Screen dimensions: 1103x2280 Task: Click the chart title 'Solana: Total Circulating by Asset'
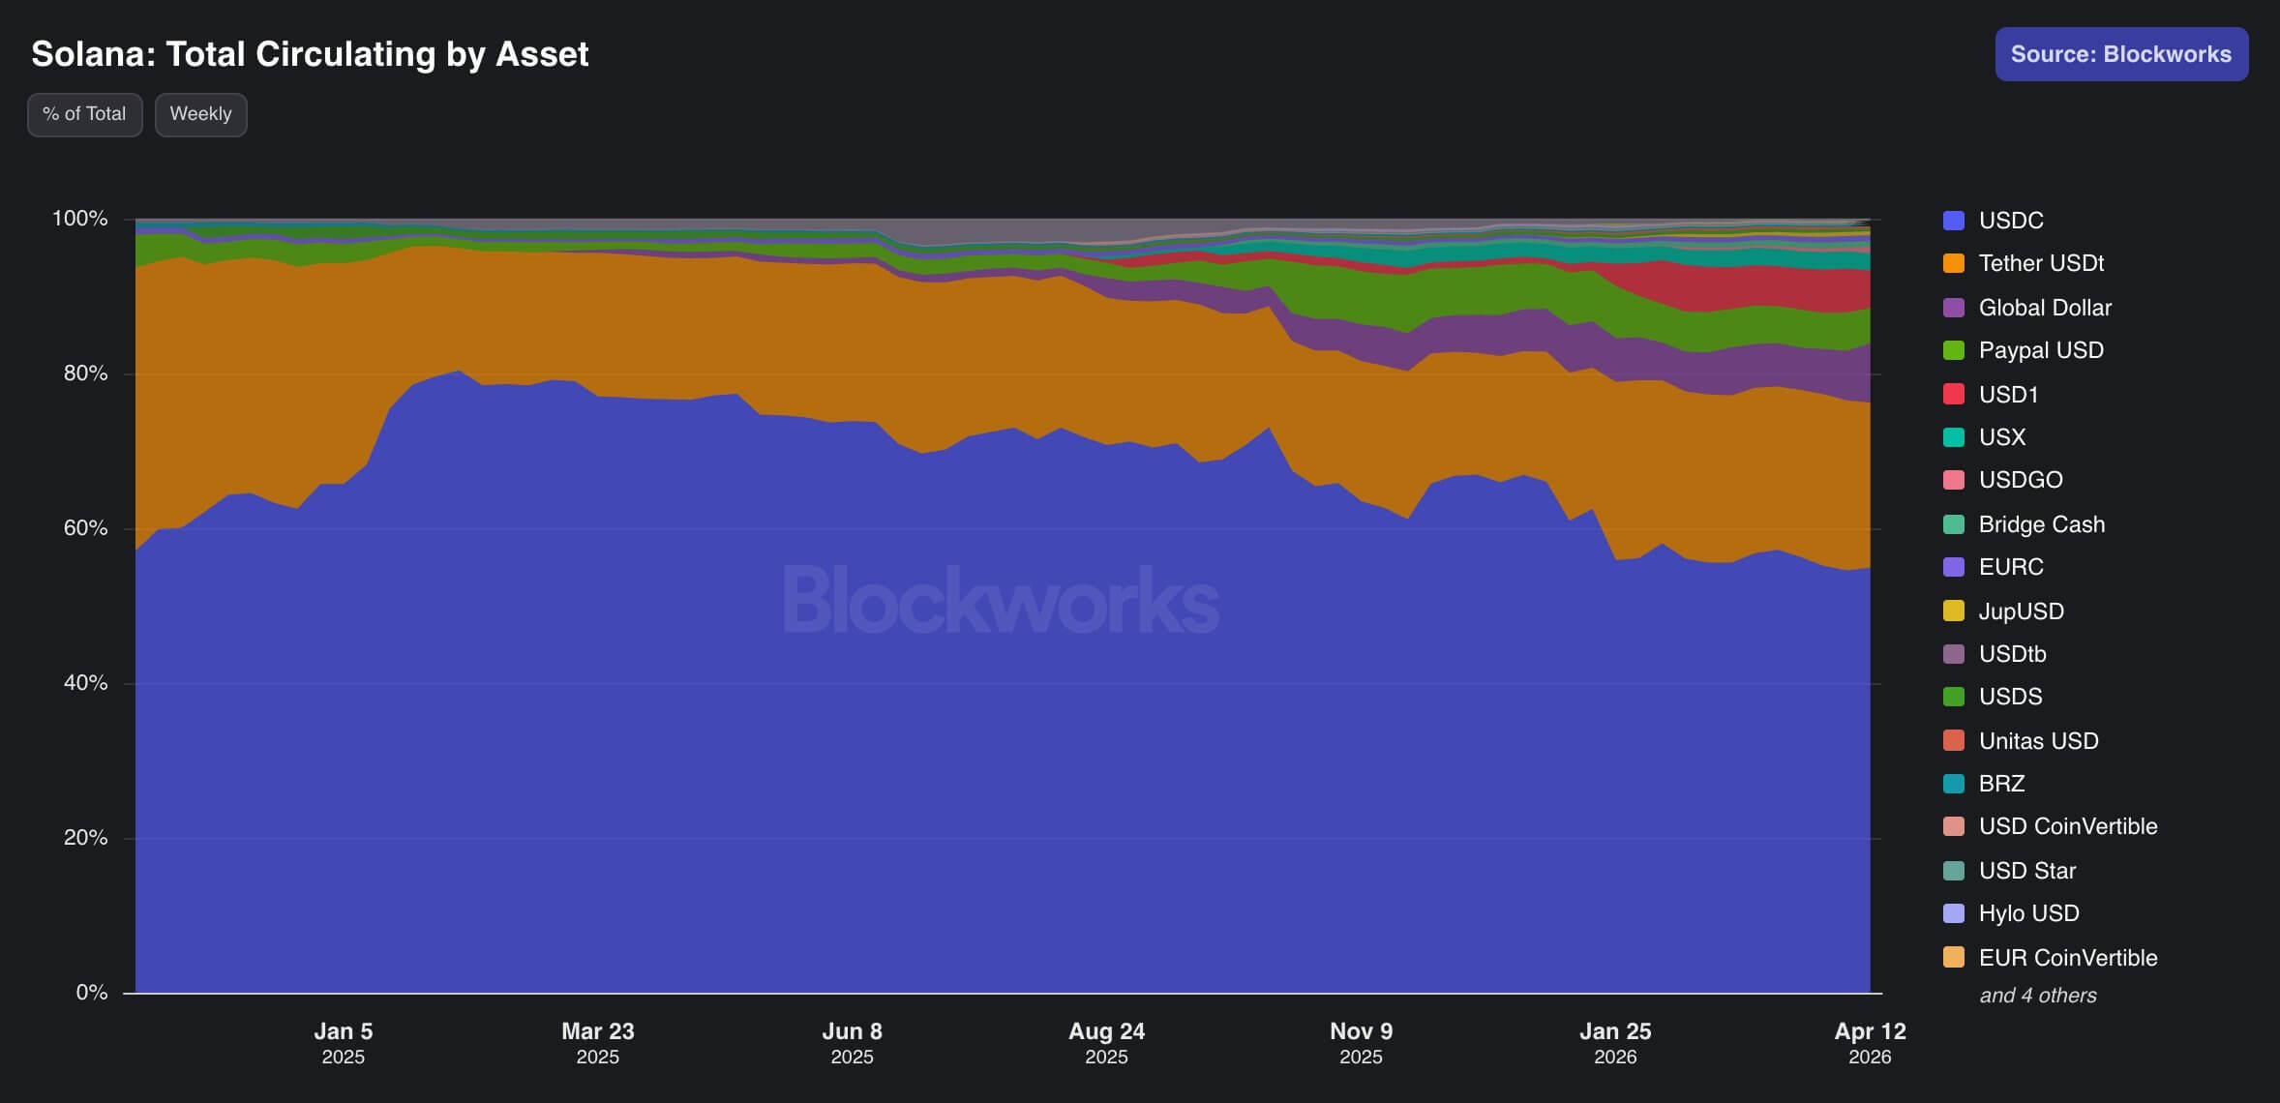[310, 54]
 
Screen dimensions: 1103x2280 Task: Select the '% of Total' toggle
[84, 114]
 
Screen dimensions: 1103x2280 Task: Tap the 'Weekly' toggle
[200, 114]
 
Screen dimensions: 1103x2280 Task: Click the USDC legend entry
[2010, 221]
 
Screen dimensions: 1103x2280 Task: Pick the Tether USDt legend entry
[2040, 263]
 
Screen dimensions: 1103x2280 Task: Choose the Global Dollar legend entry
[2044, 308]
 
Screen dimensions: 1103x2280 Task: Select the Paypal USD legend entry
[2040, 350]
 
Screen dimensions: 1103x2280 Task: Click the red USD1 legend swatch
[1954, 395]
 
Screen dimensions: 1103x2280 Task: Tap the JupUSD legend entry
[2021, 611]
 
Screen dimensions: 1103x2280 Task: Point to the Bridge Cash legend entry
[2041, 524]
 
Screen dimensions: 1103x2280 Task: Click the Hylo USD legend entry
[2027, 913]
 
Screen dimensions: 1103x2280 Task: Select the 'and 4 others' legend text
[2037, 996]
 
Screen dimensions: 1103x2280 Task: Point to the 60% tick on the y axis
[85, 528]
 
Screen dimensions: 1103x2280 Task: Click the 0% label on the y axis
[92, 993]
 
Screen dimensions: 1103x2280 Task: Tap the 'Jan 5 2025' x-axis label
[344, 1042]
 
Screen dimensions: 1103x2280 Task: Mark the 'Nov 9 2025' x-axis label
[1361, 1042]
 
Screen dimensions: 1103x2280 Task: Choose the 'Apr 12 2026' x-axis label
[1870, 1042]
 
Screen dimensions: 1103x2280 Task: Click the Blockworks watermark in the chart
[1001, 600]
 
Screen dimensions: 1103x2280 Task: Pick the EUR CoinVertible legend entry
[2067, 958]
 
